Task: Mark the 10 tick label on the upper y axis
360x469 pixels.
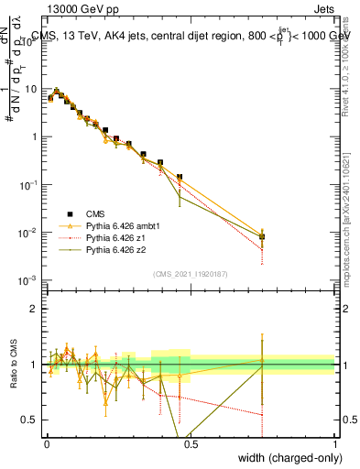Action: tap(31, 89)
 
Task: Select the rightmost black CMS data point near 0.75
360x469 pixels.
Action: tap(263, 236)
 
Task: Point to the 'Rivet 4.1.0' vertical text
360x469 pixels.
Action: tap(346, 64)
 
